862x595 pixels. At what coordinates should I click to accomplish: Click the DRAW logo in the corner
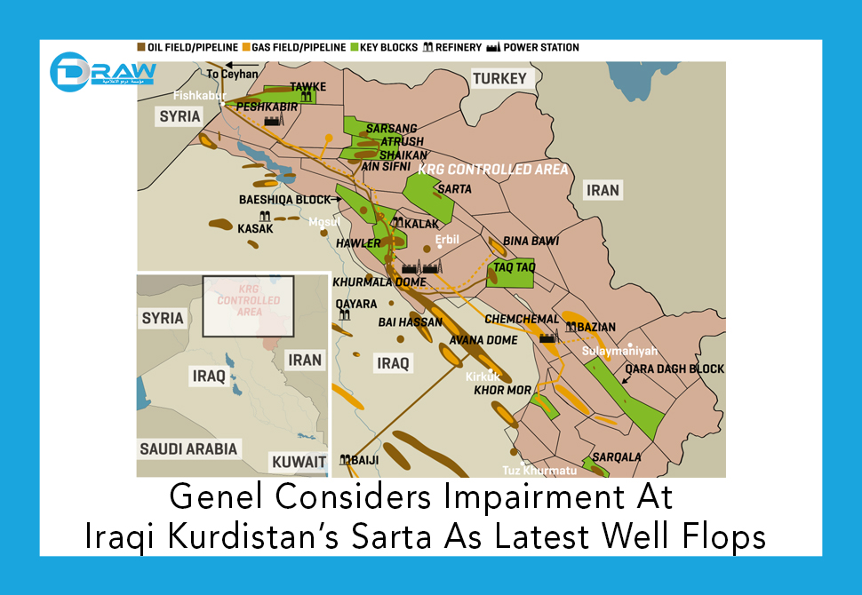[100, 73]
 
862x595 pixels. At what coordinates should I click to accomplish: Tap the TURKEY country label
[499, 79]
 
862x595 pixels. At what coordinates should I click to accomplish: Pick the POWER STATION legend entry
[533, 47]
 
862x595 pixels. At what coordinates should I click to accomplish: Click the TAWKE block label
[307, 87]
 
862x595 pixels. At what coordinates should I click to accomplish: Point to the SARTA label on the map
[454, 189]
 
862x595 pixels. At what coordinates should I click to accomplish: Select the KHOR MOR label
[502, 390]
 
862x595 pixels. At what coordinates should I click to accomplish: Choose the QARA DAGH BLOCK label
[674, 369]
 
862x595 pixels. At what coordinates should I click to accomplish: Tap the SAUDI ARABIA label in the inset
[188, 448]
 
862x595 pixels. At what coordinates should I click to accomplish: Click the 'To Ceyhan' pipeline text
[227, 75]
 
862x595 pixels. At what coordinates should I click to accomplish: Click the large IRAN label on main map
[602, 190]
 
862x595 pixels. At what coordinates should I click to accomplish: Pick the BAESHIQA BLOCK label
[284, 200]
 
